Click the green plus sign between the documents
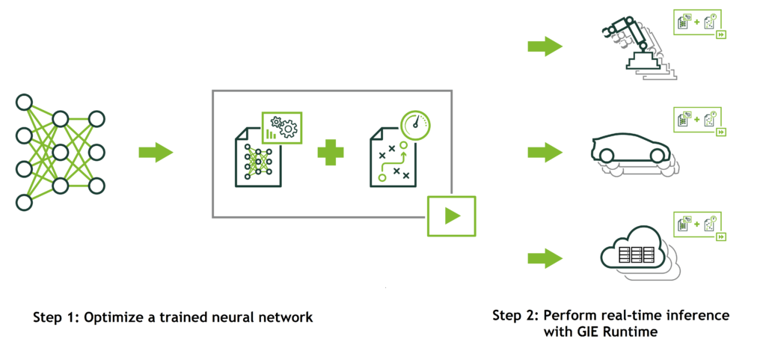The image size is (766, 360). pos(329,153)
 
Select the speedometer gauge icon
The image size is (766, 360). pos(416,125)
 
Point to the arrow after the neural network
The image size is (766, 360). pos(156,153)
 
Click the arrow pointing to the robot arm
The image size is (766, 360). pos(545,47)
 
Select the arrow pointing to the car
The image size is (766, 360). pos(545,153)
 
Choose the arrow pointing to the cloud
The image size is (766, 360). pos(545,259)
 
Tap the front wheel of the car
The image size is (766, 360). pos(658,156)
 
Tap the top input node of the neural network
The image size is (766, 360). pos(24,102)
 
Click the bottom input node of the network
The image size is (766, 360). pos(24,202)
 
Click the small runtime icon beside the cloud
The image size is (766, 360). pos(701,226)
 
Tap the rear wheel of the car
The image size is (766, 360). pos(606,156)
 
